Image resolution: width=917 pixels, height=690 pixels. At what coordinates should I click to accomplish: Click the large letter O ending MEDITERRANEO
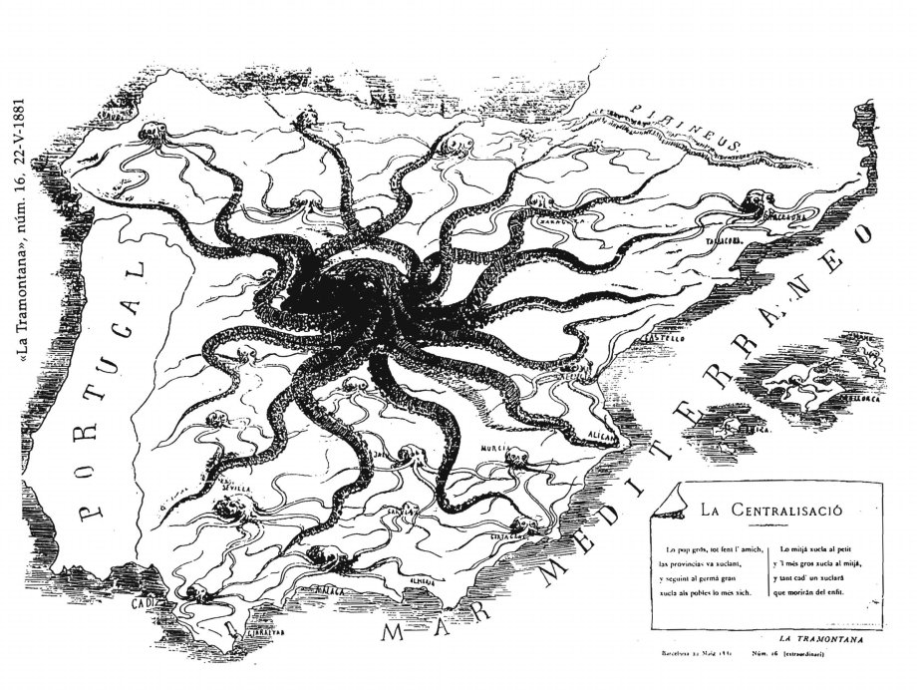[860, 234]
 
